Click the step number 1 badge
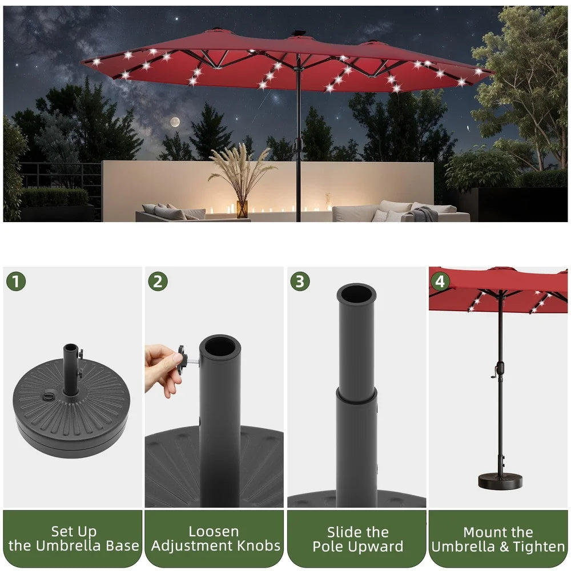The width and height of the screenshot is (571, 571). [x=16, y=281]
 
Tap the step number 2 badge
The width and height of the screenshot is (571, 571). [x=158, y=281]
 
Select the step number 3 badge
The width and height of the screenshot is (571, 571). [x=300, y=281]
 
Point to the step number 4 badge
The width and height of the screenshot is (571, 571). [x=440, y=281]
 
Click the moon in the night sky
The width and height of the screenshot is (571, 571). [x=175, y=122]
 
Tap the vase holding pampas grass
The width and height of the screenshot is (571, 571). [x=242, y=209]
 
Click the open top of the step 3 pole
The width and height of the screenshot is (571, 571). [x=356, y=293]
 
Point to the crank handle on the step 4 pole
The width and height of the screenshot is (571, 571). [x=495, y=373]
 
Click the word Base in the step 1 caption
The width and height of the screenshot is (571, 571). [x=122, y=546]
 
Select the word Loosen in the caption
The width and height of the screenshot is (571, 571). [x=214, y=532]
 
